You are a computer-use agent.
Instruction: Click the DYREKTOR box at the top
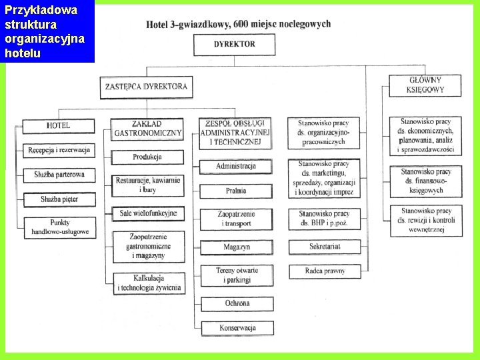click(234, 45)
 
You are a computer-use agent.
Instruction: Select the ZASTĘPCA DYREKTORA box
click(146, 87)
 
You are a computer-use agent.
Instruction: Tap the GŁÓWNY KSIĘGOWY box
click(425, 85)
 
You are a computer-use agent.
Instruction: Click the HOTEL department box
click(59, 126)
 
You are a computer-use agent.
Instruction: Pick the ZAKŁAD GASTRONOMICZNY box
click(147, 129)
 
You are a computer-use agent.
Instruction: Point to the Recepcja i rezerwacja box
click(59, 151)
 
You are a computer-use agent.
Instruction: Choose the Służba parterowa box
click(59, 175)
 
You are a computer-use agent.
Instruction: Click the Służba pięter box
click(59, 199)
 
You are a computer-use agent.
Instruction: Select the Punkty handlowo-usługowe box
click(59, 227)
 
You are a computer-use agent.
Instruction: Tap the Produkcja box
click(147, 157)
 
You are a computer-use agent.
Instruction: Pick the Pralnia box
click(236, 191)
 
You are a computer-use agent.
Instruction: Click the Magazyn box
click(237, 247)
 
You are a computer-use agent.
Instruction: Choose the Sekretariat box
click(325, 247)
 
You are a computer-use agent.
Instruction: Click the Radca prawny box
click(325, 271)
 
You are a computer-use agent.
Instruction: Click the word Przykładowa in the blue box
click(41, 11)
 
